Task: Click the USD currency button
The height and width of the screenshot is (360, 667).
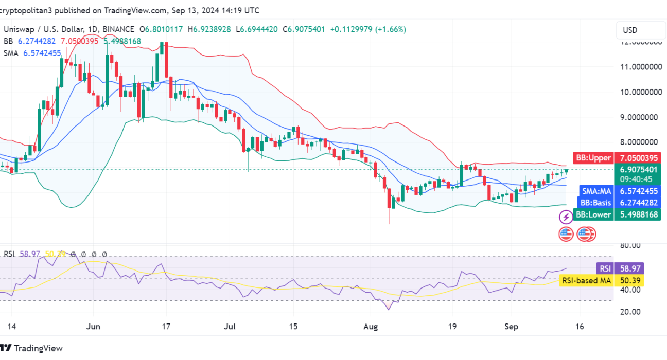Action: [630, 30]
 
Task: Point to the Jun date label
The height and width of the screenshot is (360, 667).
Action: [93, 326]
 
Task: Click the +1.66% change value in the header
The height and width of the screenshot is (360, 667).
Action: [392, 29]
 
